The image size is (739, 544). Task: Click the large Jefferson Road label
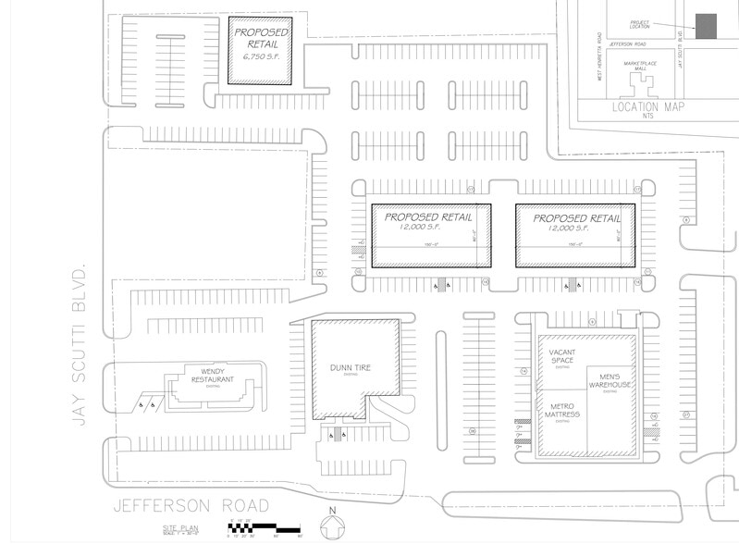[x=191, y=506]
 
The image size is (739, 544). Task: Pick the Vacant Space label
[x=562, y=356]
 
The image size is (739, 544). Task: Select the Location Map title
[x=647, y=107]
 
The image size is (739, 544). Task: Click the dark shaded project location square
[x=708, y=27]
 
